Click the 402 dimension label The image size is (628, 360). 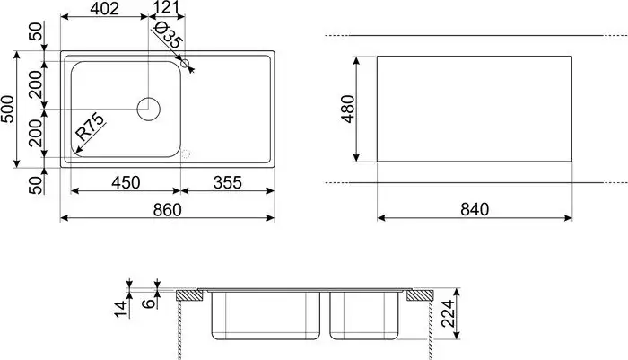tap(103, 9)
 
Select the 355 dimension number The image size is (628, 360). tap(228, 182)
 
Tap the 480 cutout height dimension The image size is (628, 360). tap(351, 110)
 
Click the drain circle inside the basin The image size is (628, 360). tap(148, 110)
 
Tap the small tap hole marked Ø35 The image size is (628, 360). tap(186, 64)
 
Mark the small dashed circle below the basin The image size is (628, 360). tap(186, 154)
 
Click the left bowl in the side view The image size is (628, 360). tap(267, 314)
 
